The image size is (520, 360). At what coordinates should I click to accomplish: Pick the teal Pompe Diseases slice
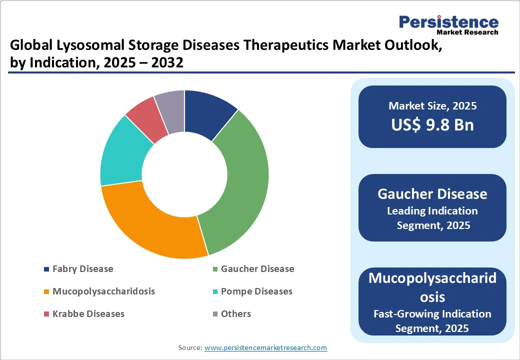(122, 152)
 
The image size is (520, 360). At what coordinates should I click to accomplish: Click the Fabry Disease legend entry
(82, 269)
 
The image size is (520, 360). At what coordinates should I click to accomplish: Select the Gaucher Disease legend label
(257, 269)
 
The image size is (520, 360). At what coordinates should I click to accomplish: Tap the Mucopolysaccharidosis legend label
(103, 291)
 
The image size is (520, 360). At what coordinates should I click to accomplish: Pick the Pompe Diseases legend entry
(256, 291)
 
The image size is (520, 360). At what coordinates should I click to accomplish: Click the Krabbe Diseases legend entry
(88, 314)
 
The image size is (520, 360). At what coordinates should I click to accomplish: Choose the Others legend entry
(235, 314)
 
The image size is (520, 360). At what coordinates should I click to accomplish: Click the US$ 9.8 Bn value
(432, 124)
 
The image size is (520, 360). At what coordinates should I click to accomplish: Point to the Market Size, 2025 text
(432, 106)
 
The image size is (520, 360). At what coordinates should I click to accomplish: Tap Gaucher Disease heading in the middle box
(432, 194)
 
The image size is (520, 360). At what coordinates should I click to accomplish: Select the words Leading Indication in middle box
(432, 210)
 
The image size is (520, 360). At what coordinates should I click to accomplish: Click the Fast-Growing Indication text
(432, 314)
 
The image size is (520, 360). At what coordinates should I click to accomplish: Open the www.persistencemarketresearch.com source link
(265, 347)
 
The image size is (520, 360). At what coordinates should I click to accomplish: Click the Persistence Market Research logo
(448, 24)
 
